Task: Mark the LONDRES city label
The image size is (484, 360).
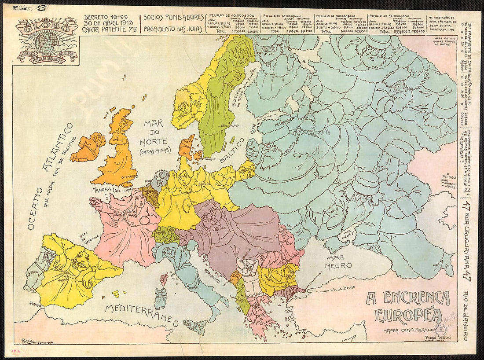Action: pos(128,176)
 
